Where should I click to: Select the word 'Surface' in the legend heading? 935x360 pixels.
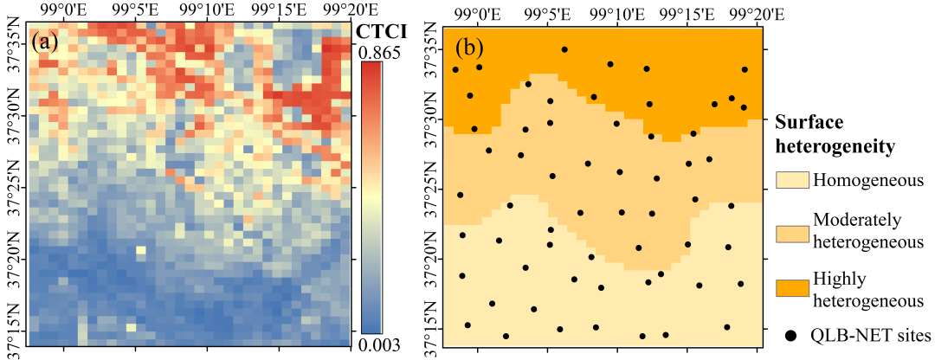click(806, 122)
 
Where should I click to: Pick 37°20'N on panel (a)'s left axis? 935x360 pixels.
click(14, 256)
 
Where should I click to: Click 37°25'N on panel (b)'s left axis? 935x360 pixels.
click(430, 189)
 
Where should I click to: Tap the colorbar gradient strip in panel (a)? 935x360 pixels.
click(372, 199)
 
